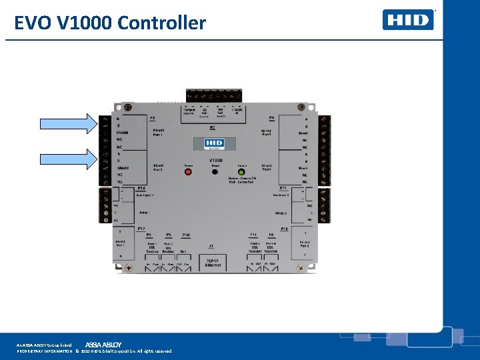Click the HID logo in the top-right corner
point(408,20)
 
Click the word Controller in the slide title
point(162,23)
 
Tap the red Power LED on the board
point(188,171)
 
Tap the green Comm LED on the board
point(241,171)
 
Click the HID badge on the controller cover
point(214,144)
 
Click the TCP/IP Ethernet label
point(214,262)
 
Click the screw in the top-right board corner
point(302,107)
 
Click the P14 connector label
point(141,189)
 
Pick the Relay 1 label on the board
point(145,213)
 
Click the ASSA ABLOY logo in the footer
point(103,344)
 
